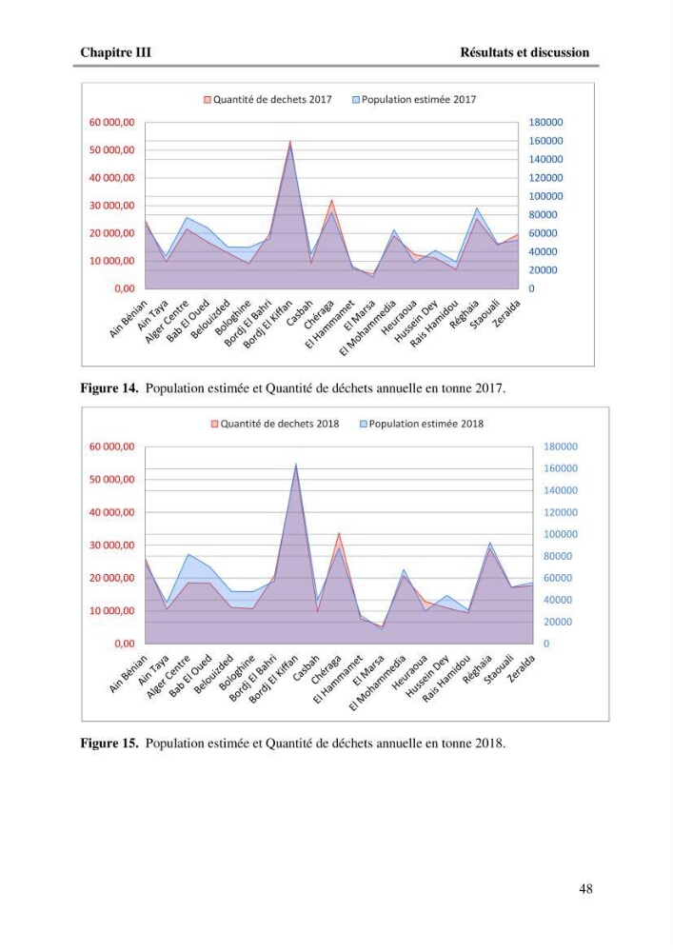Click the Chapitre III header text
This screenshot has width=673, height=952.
(115, 52)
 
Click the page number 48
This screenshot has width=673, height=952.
(585, 889)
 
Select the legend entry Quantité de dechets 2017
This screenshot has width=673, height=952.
(267, 99)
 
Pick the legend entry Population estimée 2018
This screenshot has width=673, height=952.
(422, 424)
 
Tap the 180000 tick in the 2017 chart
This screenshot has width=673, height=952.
(545, 122)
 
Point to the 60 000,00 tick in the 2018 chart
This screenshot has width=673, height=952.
(112, 446)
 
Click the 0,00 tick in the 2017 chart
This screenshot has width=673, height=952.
(125, 288)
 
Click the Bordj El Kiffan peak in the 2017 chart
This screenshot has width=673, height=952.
(290, 142)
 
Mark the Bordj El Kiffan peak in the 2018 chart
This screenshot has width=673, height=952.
(296, 465)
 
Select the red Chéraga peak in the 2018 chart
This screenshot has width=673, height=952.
(339, 533)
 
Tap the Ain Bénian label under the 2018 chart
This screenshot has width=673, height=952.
(129, 674)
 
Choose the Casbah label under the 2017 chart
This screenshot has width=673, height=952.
(300, 313)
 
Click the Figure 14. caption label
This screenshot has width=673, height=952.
(109, 388)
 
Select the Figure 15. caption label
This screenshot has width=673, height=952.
(109, 744)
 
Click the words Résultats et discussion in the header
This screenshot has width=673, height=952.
(525, 52)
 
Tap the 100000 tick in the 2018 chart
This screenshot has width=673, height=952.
(560, 534)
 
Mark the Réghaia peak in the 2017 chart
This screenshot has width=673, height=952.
(477, 208)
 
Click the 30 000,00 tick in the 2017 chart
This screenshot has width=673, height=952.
(112, 206)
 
